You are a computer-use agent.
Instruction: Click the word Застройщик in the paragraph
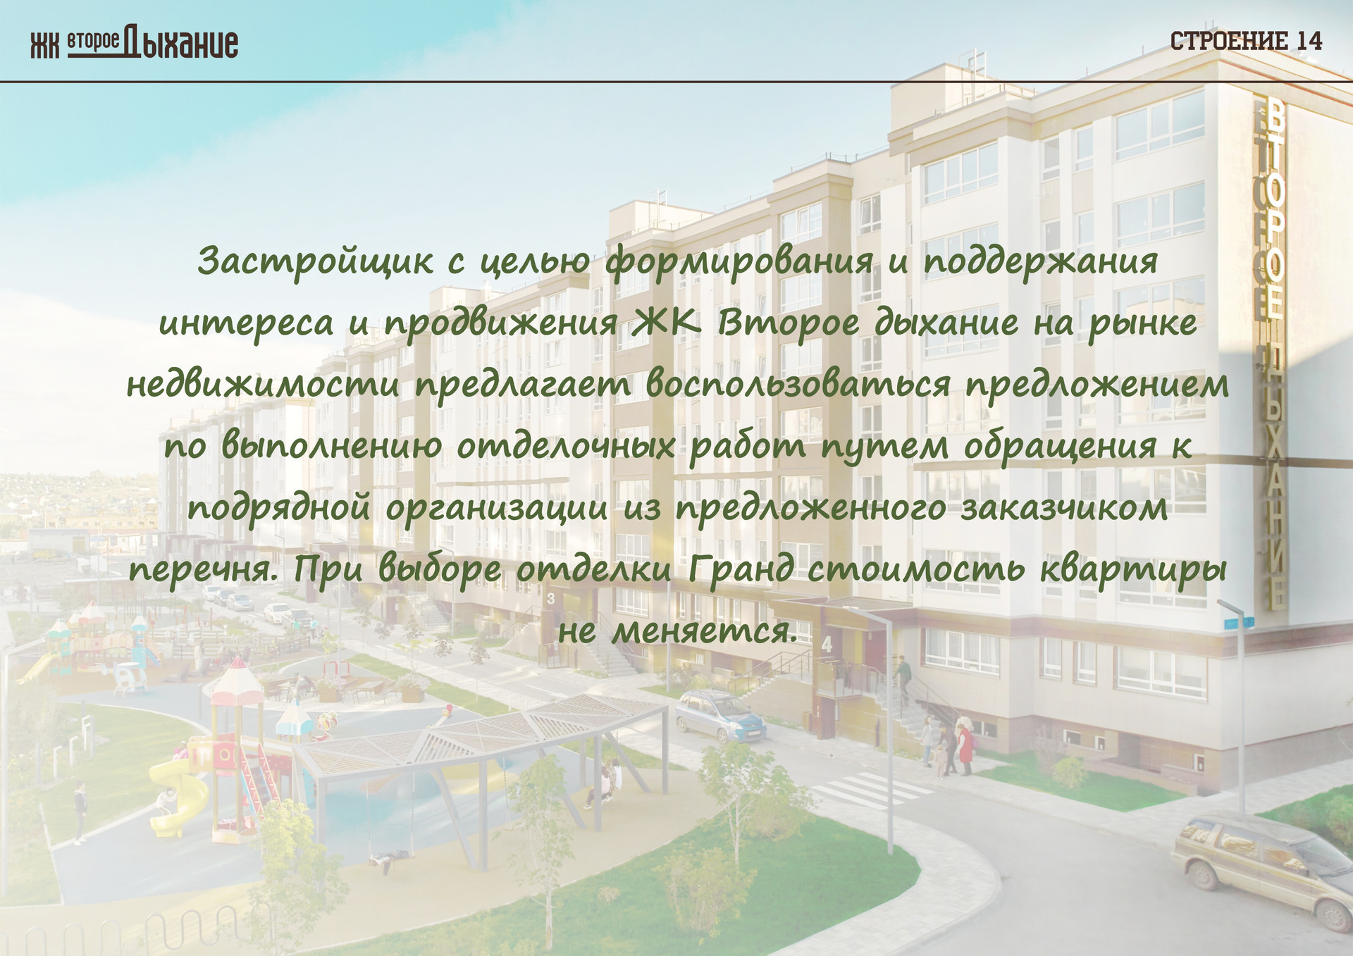tap(315, 261)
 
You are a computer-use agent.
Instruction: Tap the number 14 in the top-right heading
tap(1309, 41)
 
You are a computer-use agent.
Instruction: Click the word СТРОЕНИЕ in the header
tap(1230, 41)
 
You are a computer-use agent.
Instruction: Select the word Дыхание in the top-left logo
tap(181, 43)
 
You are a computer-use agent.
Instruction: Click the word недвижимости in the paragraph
tap(264, 385)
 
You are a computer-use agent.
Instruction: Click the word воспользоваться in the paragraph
tap(798, 385)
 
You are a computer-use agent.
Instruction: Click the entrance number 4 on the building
tap(827, 643)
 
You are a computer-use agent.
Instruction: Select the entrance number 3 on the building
tap(550, 598)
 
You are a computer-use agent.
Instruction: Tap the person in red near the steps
tap(965, 748)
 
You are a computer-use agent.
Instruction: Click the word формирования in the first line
tap(739, 261)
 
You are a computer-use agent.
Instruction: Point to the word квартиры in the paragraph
tap(1134, 569)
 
